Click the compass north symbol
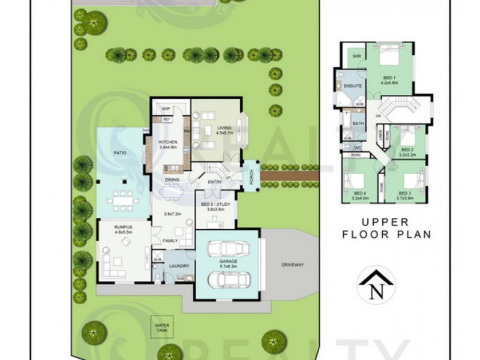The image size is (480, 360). click(376, 286)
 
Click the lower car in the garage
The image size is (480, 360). click(230, 280)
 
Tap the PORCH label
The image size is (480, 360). click(251, 175)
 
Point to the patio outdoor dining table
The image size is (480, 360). click(124, 197)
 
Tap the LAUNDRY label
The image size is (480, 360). click(179, 266)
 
